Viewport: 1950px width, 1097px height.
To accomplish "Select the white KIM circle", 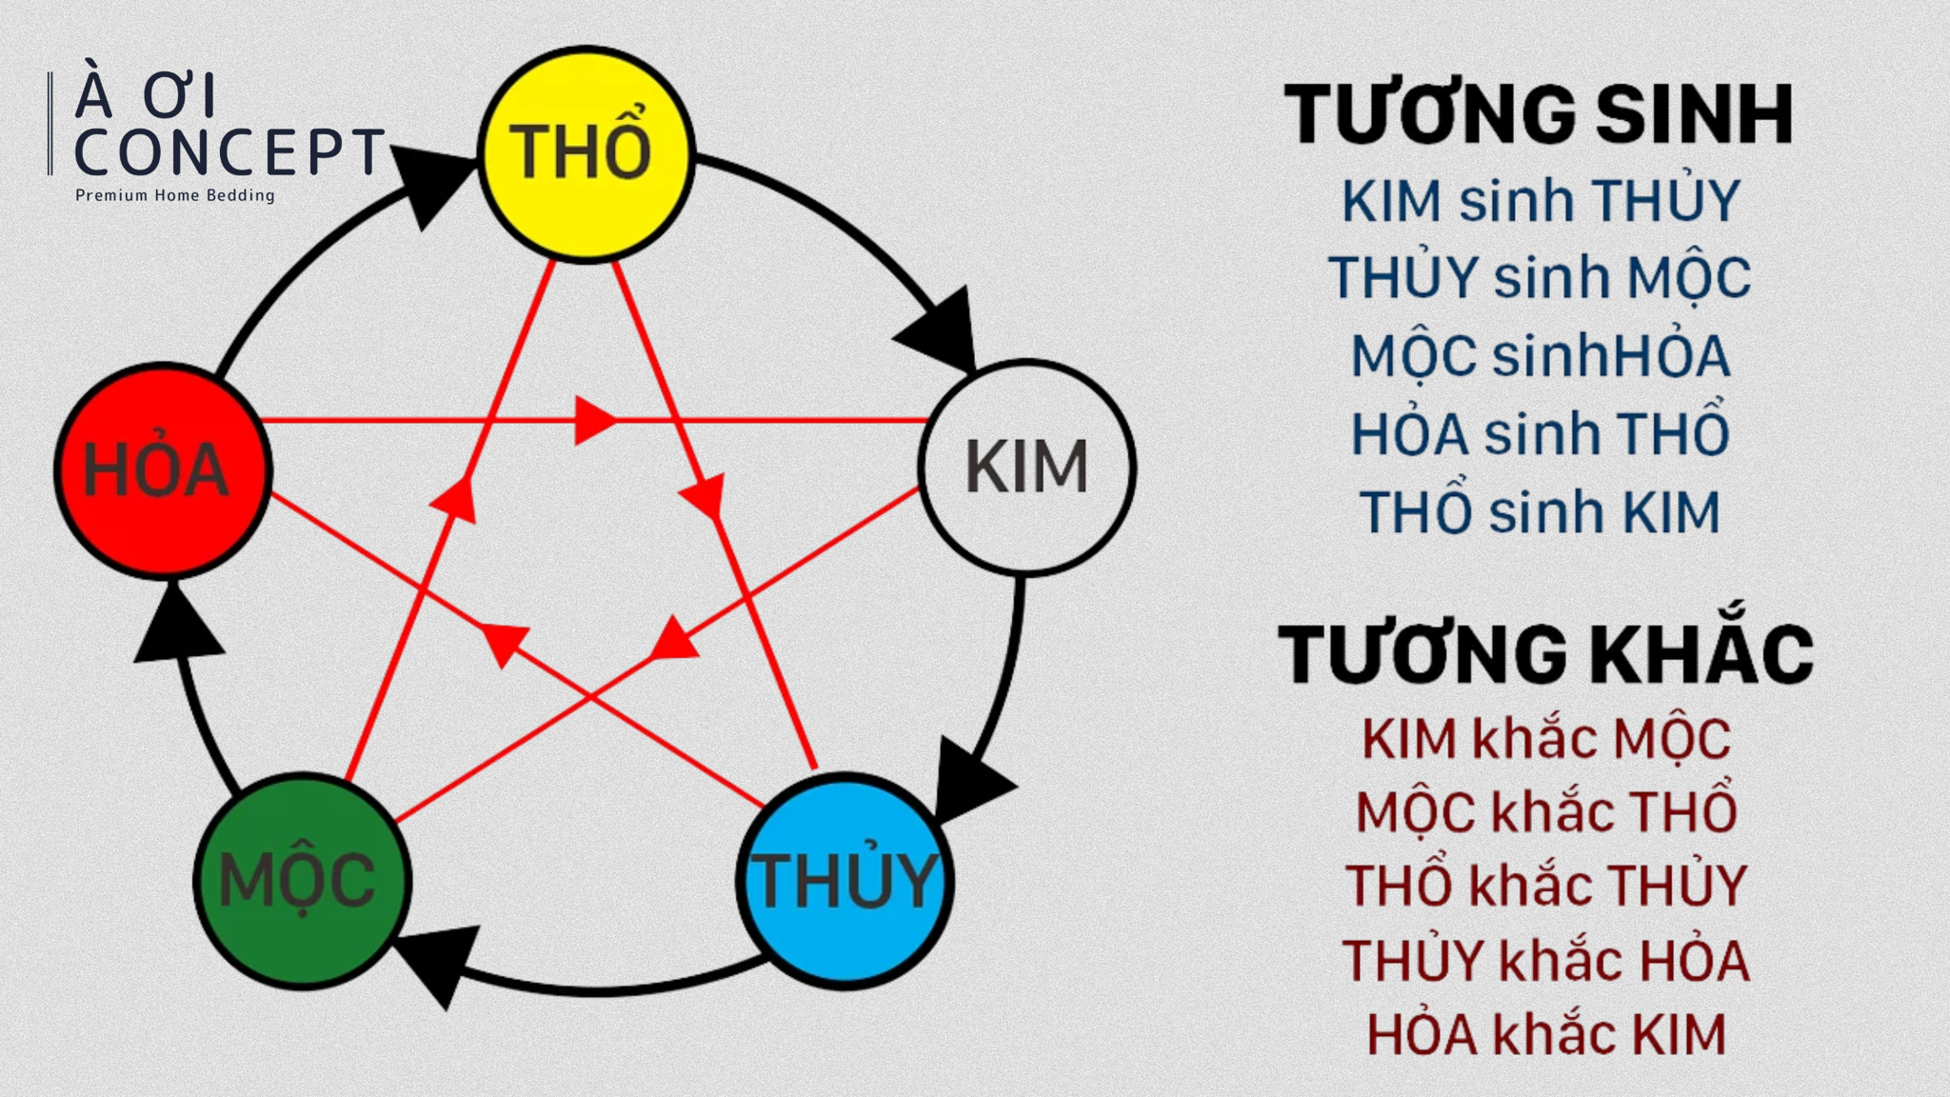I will (1026, 467).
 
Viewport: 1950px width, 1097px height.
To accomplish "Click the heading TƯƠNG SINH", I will (1539, 115).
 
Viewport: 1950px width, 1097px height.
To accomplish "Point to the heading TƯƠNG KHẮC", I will (1544, 655).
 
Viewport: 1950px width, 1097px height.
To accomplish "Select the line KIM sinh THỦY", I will (1540, 201).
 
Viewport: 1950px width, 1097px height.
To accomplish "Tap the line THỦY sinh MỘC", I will (1540, 278).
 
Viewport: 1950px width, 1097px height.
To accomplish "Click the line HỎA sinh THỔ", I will (1540, 434).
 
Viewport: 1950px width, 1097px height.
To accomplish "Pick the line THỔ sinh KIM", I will (1540, 512).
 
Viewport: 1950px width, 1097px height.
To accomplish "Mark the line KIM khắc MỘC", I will (1545, 739).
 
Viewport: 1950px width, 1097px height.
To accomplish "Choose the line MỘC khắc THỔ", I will (1545, 812).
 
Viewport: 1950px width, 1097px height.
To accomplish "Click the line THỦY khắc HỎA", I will (1545, 961).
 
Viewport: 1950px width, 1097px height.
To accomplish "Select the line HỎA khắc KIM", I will (1545, 1035).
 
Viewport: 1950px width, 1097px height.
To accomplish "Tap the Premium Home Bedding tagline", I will (175, 195).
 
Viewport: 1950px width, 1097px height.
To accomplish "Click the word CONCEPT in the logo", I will (229, 152).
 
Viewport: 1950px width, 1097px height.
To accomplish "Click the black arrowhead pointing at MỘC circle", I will (437, 962).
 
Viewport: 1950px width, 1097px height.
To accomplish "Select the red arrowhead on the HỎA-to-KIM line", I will (594, 420).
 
